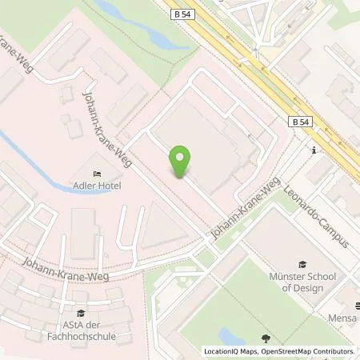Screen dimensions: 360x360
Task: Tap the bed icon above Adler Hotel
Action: point(98,174)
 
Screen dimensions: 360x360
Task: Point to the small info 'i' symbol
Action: point(314,150)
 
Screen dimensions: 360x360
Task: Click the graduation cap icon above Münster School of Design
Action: point(302,264)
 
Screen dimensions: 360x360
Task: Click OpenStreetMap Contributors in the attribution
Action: point(313,351)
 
